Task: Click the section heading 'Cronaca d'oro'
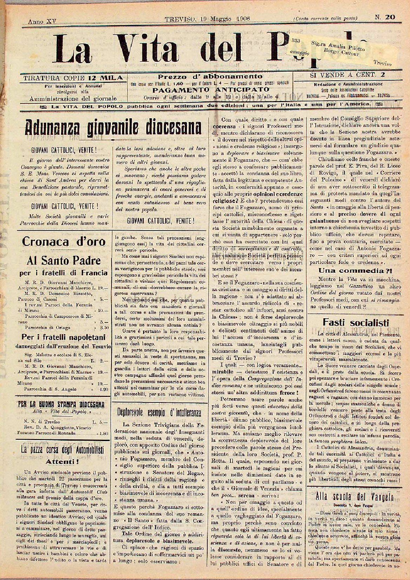pos(63,241)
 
